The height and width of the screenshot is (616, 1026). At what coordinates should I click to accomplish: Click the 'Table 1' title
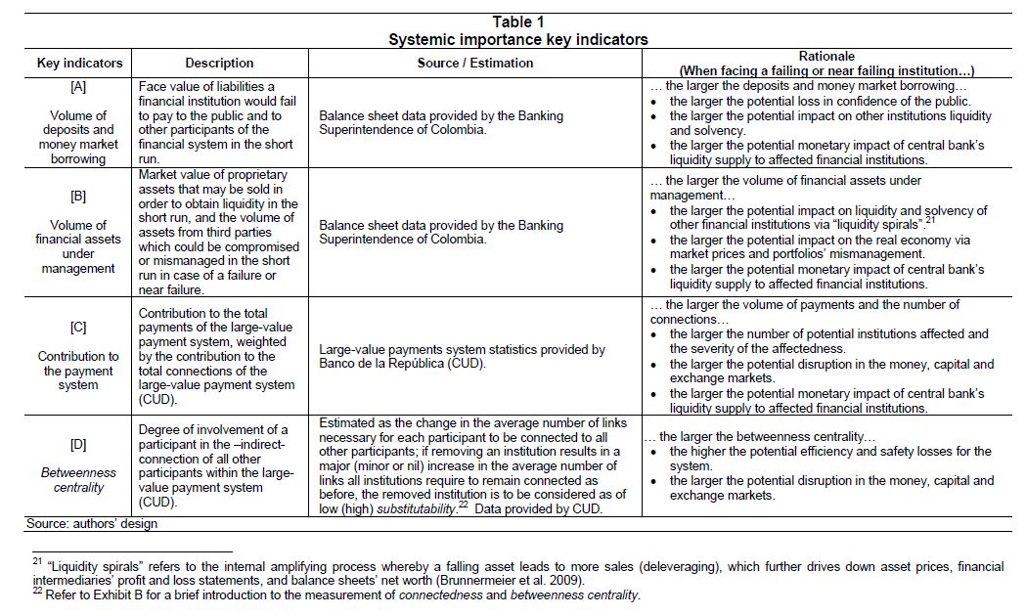pos(517,22)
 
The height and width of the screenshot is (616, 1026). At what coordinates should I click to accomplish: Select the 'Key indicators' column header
pos(79,63)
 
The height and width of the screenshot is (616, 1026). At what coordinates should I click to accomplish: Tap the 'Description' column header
pos(219,63)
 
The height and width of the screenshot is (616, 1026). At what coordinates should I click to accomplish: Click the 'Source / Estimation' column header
pos(475,63)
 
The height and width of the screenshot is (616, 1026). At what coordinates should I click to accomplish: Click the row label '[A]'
pos(79,86)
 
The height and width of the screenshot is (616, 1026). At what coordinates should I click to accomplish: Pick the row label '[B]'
pos(79,196)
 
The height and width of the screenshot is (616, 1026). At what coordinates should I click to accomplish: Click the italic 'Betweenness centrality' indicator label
pos(79,479)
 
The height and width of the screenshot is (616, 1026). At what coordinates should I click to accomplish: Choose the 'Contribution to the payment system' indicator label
pos(79,371)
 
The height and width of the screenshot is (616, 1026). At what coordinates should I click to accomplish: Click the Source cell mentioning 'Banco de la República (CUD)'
pos(462,356)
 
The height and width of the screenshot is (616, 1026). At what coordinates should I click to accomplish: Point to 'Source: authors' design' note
pos(92,524)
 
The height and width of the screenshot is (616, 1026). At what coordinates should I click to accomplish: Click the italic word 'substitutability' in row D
pos(410,496)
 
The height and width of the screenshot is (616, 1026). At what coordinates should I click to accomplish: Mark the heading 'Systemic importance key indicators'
pos(517,40)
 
